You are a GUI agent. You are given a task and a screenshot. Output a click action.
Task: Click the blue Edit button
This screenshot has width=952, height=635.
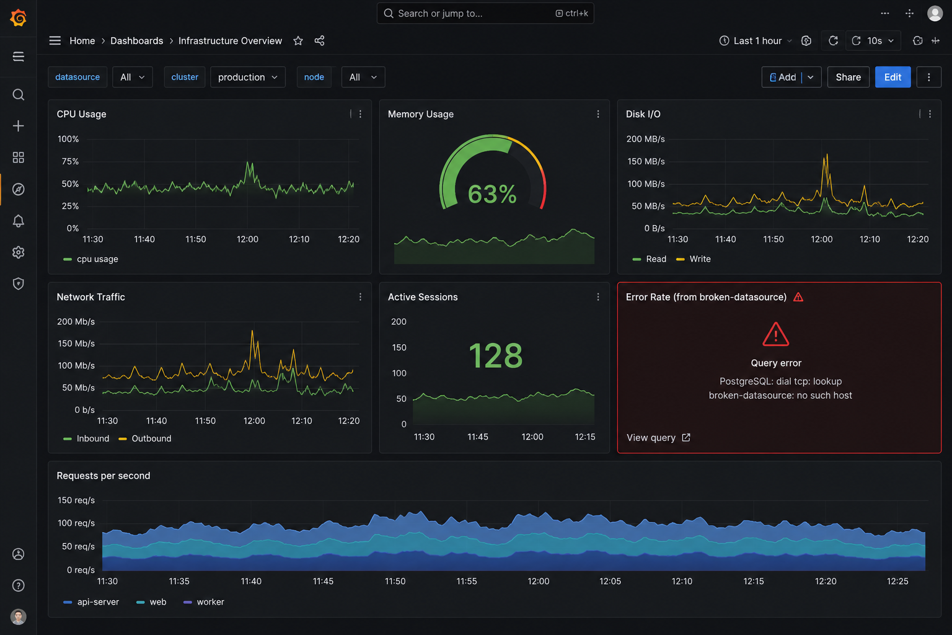pyautogui.click(x=892, y=77)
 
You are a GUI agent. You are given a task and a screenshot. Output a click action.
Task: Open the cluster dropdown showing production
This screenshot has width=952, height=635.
pyautogui.click(x=247, y=77)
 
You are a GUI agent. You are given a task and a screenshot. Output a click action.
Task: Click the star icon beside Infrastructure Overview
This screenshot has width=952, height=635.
pyautogui.click(x=298, y=41)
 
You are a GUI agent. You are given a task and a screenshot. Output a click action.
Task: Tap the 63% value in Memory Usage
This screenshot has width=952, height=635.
pyautogui.click(x=492, y=194)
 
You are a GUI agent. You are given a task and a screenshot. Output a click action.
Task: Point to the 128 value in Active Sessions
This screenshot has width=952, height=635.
pyautogui.click(x=496, y=355)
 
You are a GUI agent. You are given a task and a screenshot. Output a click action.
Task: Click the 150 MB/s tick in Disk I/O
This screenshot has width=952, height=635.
pyautogui.click(x=646, y=161)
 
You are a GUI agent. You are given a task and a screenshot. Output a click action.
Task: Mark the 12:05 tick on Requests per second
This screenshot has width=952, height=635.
pyautogui.click(x=610, y=581)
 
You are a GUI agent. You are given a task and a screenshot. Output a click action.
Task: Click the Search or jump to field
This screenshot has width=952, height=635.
pyautogui.click(x=485, y=13)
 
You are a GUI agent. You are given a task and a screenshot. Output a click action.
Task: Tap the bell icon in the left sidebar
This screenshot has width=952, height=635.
pyautogui.click(x=18, y=221)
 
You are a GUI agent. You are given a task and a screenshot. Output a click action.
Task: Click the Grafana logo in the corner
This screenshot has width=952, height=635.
pyautogui.click(x=18, y=18)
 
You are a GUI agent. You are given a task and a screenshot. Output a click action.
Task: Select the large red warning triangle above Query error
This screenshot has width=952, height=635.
pyautogui.click(x=775, y=334)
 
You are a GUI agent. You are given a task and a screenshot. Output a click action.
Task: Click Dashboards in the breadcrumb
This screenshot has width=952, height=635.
pyautogui.click(x=137, y=41)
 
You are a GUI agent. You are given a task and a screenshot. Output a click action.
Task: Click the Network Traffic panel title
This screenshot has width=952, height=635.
pyautogui.click(x=91, y=297)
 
